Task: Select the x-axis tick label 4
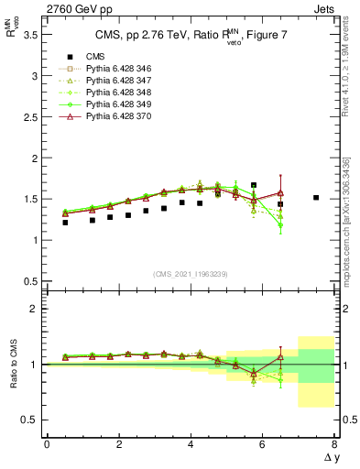[191, 444]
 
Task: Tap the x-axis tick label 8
[334, 444]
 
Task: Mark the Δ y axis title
[330, 456]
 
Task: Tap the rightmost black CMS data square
[316, 197]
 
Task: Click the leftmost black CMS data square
[65, 223]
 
